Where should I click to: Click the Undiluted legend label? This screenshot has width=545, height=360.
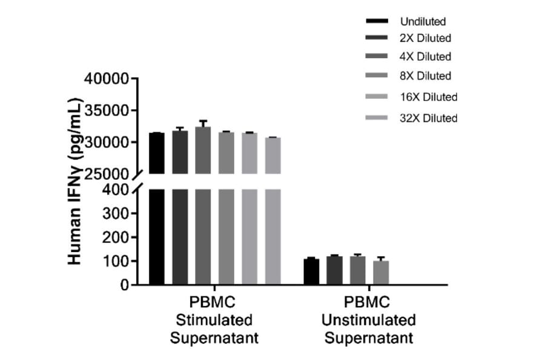[x=423, y=22]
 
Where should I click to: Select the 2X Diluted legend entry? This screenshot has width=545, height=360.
[x=426, y=38]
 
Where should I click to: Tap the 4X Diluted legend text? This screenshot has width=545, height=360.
[x=426, y=57]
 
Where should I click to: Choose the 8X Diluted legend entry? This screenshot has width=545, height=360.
[x=426, y=76]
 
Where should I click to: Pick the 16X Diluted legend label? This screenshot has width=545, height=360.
[x=429, y=97]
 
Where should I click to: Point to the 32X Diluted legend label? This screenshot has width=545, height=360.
[x=429, y=118]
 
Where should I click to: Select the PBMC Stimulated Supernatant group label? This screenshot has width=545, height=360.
[x=214, y=319]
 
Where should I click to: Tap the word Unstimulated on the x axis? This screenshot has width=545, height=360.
[x=369, y=319]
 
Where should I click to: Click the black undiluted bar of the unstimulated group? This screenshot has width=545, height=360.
[x=311, y=272]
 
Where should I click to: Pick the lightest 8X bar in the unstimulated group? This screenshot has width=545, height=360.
[x=381, y=273]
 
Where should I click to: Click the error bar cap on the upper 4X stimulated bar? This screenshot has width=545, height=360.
[x=203, y=121]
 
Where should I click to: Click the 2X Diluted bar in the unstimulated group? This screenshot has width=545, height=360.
[x=334, y=270]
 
